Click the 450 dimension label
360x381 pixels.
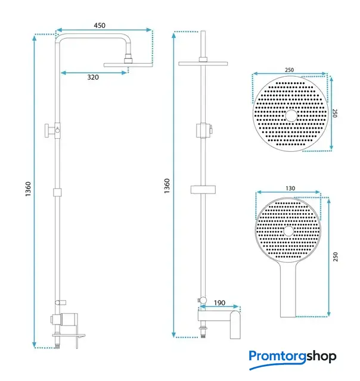point(100,26)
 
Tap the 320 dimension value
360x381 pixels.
point(93,77)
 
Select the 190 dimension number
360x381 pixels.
point(219,303)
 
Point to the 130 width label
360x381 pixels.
point(290,188)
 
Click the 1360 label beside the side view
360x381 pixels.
point(28,189)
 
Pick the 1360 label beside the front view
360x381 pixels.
point(167,186)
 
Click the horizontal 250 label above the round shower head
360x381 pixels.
point(289,70)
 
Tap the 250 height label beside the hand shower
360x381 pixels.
point(336,257)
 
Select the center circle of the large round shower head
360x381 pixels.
point(291,115)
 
